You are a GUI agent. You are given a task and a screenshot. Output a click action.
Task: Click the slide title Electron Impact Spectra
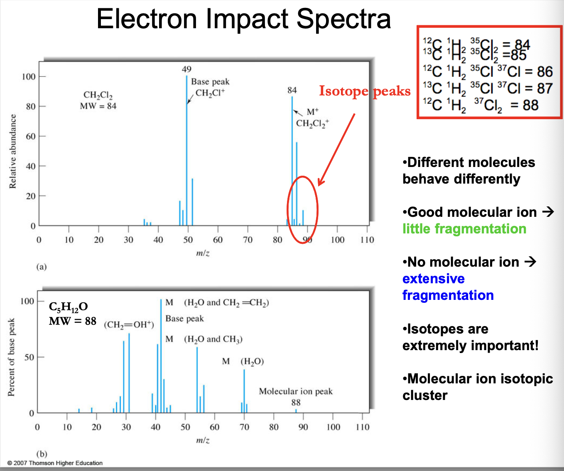point(243,19)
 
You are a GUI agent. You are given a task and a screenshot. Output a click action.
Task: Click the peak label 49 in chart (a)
point(186,69)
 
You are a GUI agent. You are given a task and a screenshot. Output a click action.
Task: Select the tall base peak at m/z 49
point(186,150)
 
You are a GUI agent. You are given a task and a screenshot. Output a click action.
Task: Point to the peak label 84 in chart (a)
point(292,90)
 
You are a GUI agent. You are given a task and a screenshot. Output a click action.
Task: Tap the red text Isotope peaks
point(364,91)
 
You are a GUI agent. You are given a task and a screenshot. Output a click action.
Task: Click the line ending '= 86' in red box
point(488,71)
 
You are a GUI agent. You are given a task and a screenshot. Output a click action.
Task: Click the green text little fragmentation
point(464,229)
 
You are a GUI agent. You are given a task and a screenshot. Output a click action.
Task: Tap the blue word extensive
point(433,279)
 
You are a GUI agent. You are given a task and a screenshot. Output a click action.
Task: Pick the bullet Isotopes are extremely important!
point(470,337)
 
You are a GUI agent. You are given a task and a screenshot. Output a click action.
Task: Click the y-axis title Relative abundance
point(13,151)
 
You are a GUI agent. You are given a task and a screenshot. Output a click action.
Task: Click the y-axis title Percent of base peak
point(11,357)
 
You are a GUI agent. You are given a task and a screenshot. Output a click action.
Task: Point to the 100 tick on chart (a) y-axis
point(29,76)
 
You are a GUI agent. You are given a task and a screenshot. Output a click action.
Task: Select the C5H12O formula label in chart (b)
point(69,307)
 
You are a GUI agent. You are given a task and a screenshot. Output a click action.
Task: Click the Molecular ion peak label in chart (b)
point(296,391)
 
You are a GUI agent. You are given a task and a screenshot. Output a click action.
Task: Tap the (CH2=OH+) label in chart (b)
point(129,325)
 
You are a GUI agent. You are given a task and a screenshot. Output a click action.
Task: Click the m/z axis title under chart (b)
point(203,440)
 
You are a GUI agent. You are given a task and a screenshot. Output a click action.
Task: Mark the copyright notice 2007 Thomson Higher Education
point(55,463)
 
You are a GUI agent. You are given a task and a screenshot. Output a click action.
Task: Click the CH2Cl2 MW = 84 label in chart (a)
point(98,101)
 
